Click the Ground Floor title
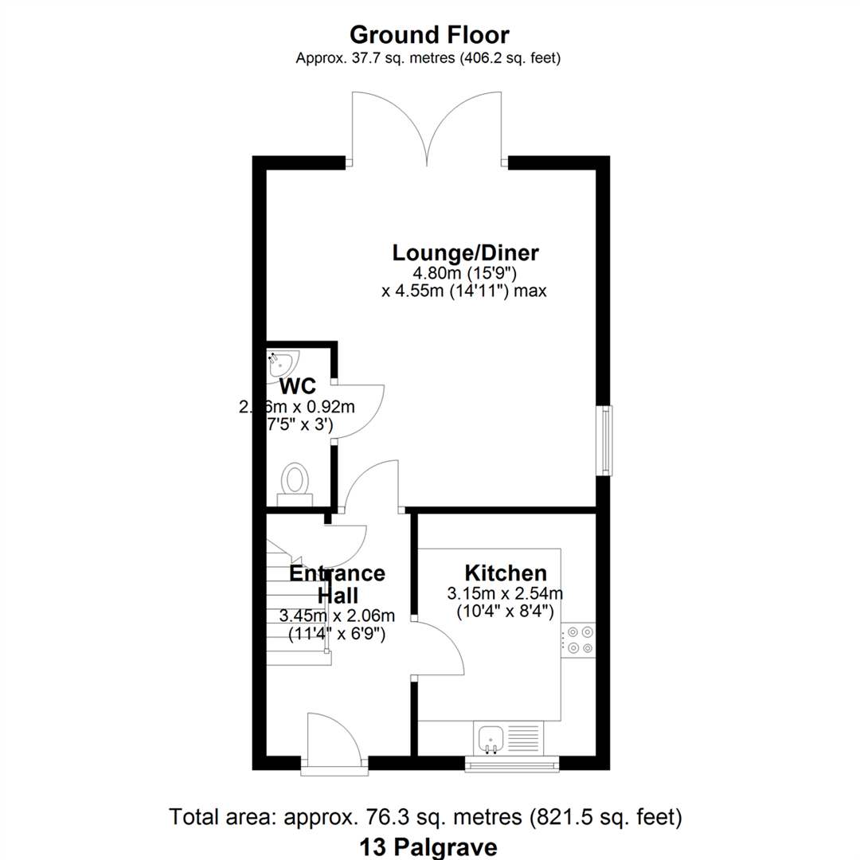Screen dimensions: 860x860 point(429,35)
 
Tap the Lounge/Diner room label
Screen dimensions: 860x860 point(466,253)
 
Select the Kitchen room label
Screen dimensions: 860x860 point(506,573)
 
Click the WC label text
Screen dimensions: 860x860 point(299,387)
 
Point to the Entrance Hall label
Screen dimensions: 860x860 point(337,584)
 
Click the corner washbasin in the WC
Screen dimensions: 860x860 point(281,364)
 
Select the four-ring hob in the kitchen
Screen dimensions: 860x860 point(578,639)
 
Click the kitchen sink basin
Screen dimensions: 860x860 point(489,738)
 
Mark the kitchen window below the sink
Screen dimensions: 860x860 point(511,764)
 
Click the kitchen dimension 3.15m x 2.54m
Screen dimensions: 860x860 point(506,593)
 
